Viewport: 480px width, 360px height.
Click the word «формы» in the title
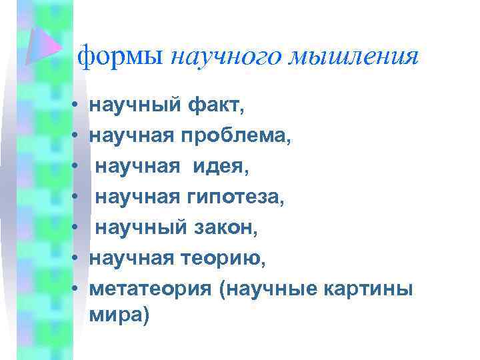point(120,57)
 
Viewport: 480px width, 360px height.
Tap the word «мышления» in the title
point(353,59)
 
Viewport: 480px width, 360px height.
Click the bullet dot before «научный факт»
point(77,106)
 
